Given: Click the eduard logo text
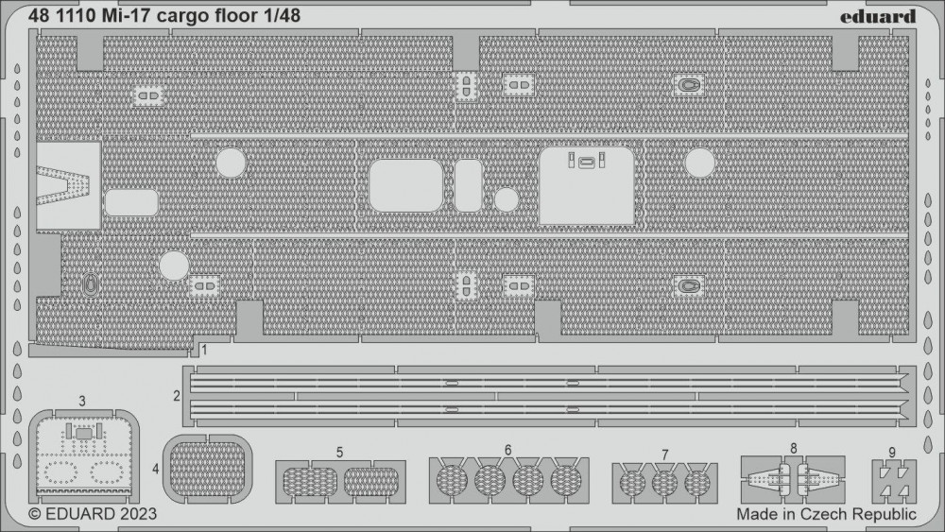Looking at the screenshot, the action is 878,16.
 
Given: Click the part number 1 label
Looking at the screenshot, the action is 205,350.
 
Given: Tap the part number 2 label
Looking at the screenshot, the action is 177,396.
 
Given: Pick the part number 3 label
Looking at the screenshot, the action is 82,402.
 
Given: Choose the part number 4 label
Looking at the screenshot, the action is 156,468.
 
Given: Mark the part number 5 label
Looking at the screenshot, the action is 340,453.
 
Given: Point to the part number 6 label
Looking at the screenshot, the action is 508,450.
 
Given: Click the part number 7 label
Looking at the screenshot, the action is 664,455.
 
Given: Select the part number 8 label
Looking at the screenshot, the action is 793,448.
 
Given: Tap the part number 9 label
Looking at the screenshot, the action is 892,453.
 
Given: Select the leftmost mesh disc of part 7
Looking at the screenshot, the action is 632,483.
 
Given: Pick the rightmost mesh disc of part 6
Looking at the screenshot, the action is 565,480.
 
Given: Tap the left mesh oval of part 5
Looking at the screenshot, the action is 310,482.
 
